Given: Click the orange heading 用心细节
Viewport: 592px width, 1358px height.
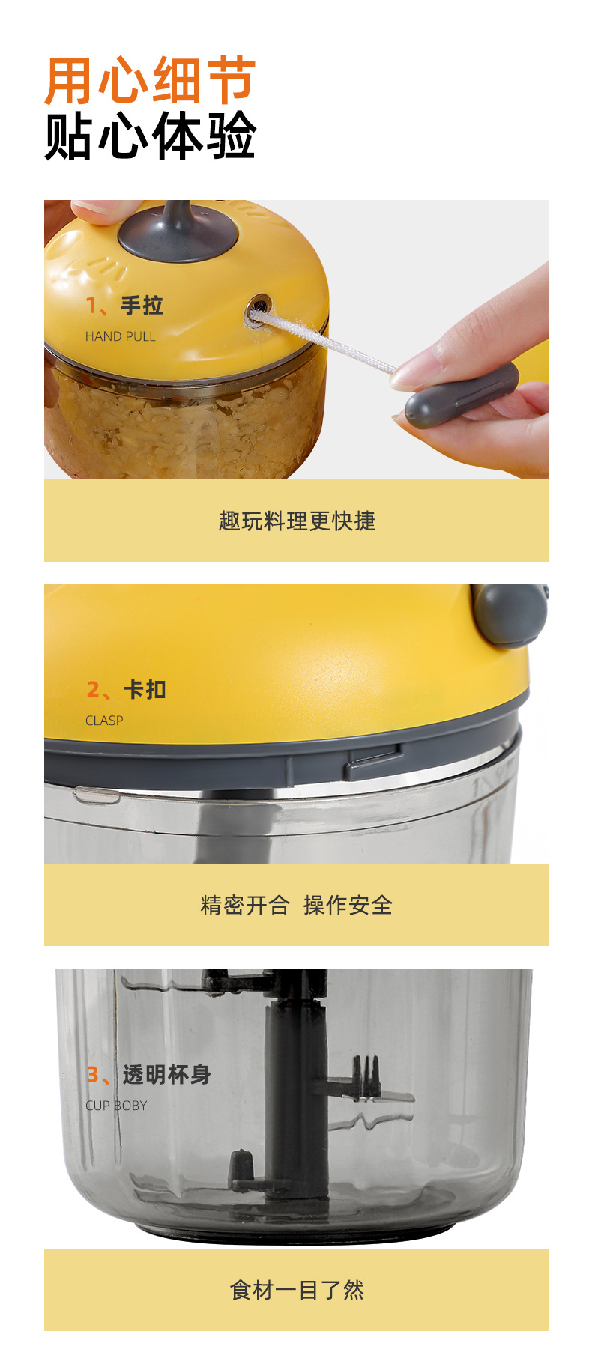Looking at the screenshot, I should click(150, 81).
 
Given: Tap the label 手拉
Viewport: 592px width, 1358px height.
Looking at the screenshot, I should click(142, 306).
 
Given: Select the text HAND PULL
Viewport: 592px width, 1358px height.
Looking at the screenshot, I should click(120, 336).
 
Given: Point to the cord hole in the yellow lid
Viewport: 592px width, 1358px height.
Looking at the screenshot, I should click(259, 306).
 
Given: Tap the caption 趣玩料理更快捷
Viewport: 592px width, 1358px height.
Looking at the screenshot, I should click(297, 521).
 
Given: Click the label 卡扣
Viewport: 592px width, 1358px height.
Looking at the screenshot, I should click(144, 689).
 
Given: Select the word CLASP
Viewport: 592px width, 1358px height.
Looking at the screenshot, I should click(104, 721).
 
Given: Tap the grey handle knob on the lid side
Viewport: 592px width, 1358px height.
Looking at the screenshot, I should click(510, 614).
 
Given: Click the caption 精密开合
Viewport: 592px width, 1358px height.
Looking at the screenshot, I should click(244, 905).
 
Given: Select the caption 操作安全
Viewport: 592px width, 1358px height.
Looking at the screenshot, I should click(348, 905).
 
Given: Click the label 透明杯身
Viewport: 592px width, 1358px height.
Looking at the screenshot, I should click(166, 1075).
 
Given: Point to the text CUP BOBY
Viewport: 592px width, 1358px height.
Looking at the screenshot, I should click(116, 1106).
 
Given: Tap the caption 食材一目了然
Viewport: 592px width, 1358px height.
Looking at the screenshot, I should click(297, 1290).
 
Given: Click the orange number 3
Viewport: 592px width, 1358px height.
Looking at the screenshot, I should click(93, 1075).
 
